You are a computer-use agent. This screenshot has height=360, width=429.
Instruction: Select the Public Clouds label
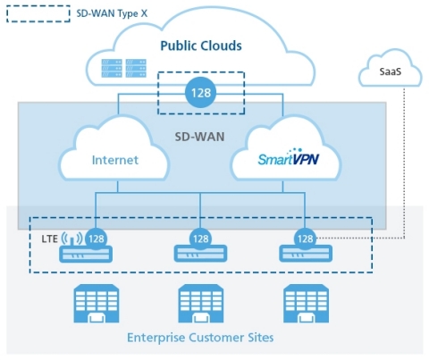[x=200, y=46]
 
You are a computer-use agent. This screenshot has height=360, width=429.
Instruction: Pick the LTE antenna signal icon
[x=71, y=239]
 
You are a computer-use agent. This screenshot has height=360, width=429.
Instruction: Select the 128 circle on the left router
[x=96, y=239]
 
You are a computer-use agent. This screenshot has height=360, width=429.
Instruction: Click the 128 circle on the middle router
[x=201, y=239]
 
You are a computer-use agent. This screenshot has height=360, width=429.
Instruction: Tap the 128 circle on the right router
[x=305, y=239]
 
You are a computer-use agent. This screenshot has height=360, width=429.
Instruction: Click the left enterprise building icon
[x=96, y=303]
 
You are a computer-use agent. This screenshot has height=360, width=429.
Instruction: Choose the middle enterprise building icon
[x=201, y=303]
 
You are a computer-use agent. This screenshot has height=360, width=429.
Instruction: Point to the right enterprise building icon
[x=305, y=303]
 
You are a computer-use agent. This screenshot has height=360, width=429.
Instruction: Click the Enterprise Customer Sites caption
[x=201, y=337]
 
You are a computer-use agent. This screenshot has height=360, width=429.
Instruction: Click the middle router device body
[x=201, y=255]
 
